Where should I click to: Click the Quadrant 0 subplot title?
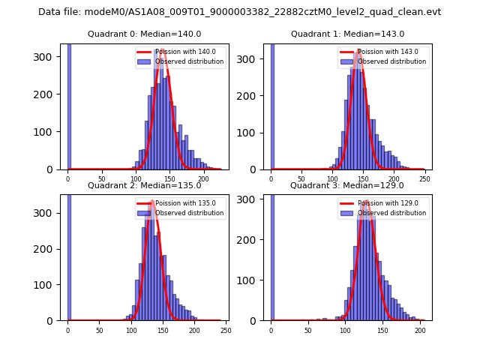[144, 34]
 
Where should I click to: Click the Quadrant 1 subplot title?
[347, 34]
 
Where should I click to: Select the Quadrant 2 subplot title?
[144, 185]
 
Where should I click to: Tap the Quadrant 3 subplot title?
[347, 185]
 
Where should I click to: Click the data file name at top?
[240, 12]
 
